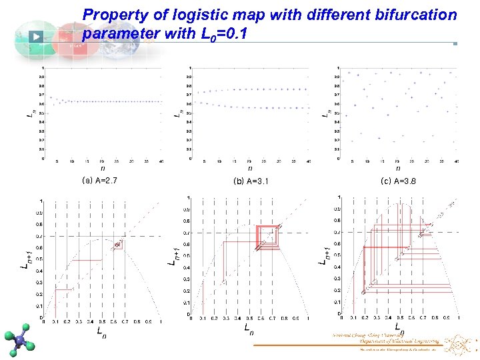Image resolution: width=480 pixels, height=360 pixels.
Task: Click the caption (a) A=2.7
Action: point(99,180)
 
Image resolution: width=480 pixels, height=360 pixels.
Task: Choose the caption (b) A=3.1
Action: point(251,181)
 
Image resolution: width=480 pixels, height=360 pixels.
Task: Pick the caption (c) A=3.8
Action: point(398,181)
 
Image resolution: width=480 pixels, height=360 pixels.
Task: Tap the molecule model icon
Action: point(23,339)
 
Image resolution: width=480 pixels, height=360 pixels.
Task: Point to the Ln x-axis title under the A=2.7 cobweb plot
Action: point(100,331)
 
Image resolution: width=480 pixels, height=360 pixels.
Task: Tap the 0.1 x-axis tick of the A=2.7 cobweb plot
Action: point(55,321)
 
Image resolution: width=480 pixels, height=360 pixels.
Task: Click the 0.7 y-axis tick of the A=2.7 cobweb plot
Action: point(39,236)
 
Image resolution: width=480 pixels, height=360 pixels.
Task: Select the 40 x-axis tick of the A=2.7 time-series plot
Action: point(160,162)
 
